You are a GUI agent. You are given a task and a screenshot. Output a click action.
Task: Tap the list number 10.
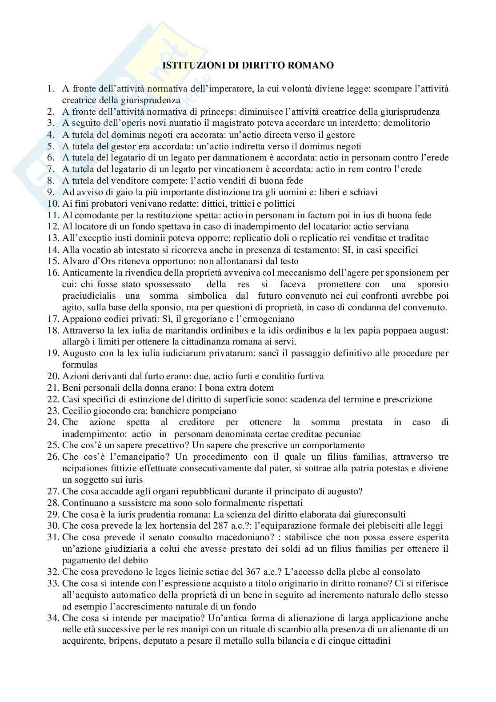pyautogui.click(x=52, y=204)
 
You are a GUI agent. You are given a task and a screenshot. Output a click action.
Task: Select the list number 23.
pyautogui.click(x=52, y=411)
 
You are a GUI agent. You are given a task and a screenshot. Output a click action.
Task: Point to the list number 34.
pyautogui.click(x=52, y=618)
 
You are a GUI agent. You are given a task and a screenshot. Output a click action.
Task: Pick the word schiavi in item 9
pyautogui.click(x=364, y=192)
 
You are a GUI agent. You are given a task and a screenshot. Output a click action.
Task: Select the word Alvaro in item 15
pyautogui.click(x=75, y=261)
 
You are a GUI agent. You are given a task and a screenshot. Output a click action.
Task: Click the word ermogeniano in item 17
pyautogui.click(x=270, y=319)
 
